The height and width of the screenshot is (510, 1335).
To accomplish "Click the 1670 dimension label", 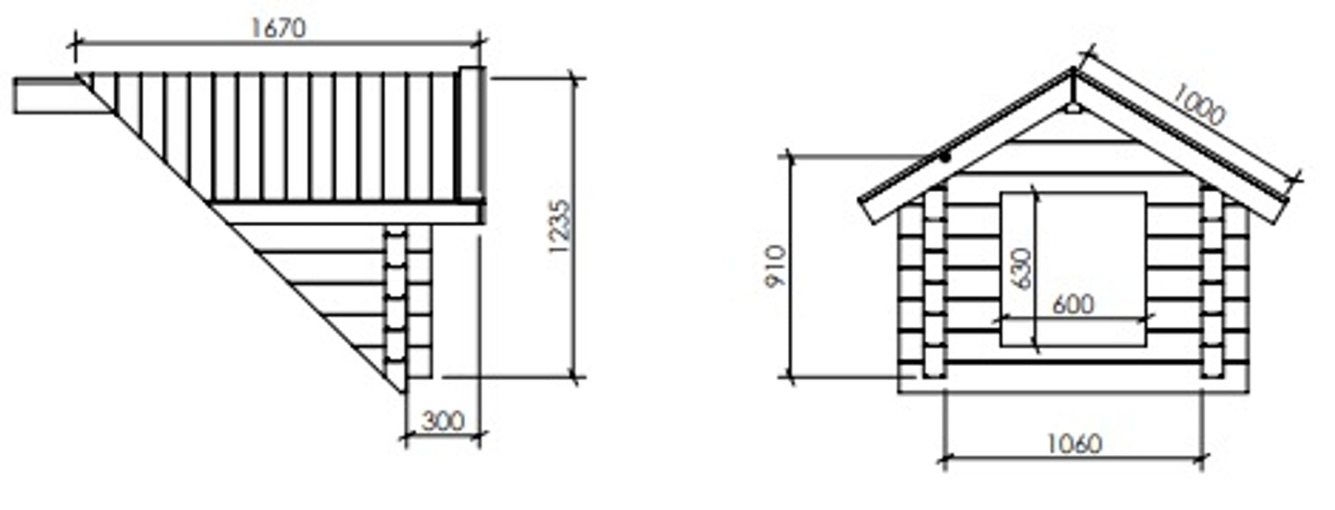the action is coord(277,28).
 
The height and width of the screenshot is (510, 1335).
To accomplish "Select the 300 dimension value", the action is coord(442,421).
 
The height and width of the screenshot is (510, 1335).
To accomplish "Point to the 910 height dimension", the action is coord(775,266).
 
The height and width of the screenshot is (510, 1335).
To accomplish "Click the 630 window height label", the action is coord(1021,269).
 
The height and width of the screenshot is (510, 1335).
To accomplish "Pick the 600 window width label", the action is coord(1073,304).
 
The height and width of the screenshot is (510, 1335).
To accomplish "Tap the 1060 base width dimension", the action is coord(1074,443).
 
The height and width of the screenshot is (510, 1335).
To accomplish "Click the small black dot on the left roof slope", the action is coord(946,158).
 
